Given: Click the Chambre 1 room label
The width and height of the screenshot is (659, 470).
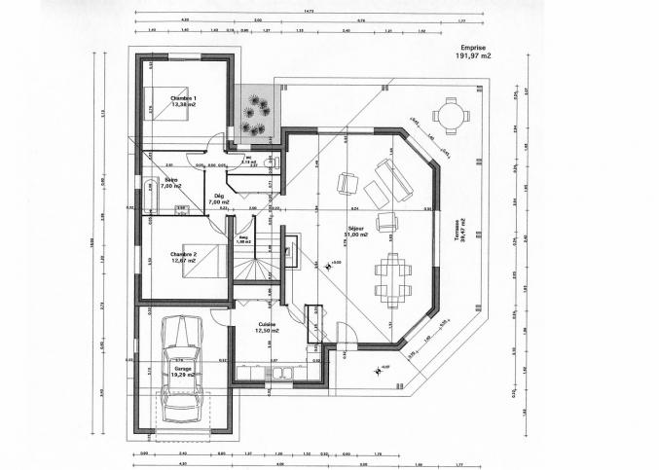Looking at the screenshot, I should click(x=182, y=101).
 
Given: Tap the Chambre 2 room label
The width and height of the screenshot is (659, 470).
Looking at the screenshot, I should click(x=183, y=257).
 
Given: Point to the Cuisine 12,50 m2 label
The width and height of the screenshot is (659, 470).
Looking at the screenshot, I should click(x=267, y=327).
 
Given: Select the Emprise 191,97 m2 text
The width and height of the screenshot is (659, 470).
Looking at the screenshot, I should click(x=473, y=53).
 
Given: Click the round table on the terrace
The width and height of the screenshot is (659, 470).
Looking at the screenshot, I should click(x=450, y=115).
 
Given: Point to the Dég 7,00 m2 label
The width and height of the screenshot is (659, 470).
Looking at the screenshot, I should click(x=221, y=199).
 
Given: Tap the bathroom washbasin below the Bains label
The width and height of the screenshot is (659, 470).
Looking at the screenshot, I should click(x=181, y=209).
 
